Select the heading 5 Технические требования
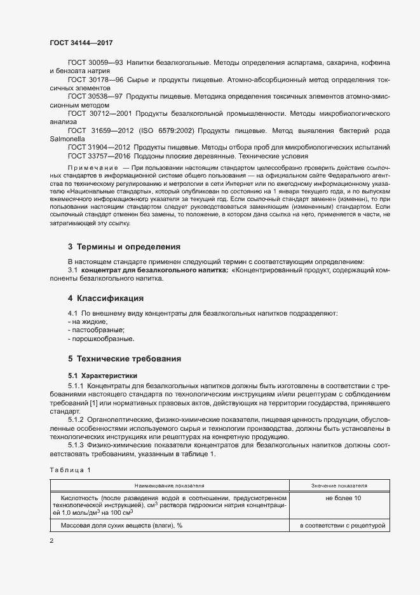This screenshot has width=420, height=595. pos(125,358)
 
